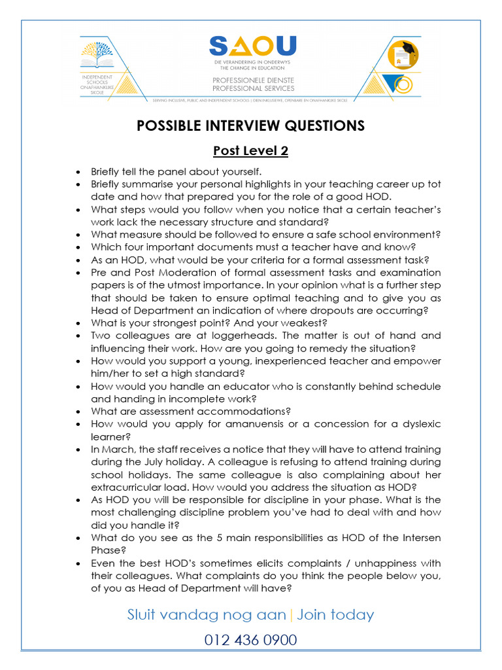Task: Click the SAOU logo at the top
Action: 252,46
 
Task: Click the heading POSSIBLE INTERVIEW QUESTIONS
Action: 251,126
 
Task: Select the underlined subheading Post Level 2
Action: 251,151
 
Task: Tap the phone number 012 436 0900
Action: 250,640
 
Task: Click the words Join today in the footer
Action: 335,615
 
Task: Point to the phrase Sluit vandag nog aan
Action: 207,615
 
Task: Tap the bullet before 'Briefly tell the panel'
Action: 78,171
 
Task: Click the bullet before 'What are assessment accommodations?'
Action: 78,412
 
